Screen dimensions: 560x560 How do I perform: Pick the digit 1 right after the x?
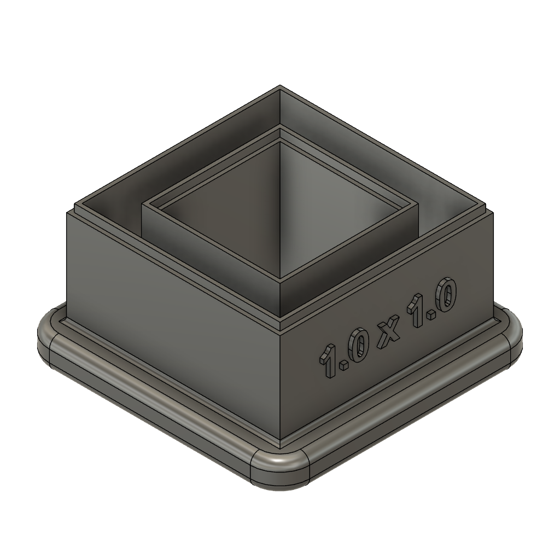pos(416,311)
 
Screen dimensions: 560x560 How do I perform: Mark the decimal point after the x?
pos(431,314)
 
